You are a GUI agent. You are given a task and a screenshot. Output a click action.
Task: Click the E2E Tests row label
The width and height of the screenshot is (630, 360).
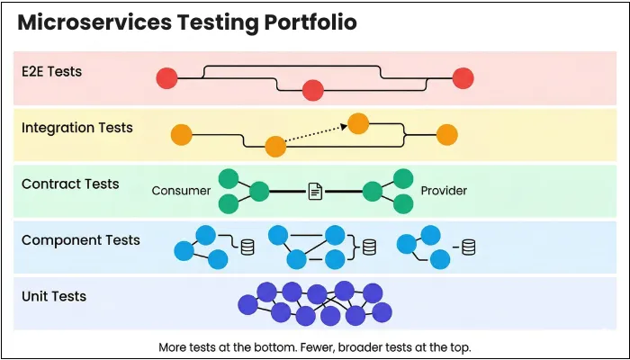click(52, 71)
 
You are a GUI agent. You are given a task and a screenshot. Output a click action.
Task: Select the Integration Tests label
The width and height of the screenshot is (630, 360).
click(77, 128)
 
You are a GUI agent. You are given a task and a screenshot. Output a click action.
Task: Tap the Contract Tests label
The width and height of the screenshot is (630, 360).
click(70, 184)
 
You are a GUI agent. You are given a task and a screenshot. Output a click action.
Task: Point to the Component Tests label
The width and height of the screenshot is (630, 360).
click(81, 240)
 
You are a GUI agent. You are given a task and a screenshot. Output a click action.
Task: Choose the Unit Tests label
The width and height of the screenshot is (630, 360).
click(54, 296)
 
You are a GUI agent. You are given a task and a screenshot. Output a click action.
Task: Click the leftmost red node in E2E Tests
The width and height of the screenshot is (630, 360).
click(166, 78)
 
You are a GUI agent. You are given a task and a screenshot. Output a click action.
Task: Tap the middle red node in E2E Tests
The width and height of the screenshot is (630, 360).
click(312, 90)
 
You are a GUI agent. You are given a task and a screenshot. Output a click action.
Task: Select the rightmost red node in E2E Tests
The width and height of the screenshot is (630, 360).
click(463, 78)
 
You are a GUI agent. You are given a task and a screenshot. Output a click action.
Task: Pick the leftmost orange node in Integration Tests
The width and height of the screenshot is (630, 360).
click(182, 135)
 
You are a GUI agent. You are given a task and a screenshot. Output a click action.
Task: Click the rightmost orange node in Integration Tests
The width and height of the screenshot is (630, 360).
click(446, 135)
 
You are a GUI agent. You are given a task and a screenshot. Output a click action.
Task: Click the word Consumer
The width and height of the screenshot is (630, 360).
click(181, 191)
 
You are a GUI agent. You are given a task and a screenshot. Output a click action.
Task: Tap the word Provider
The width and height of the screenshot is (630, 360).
click(444, 191)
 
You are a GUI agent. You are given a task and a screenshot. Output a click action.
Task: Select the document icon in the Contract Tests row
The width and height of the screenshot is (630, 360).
click(315, 191)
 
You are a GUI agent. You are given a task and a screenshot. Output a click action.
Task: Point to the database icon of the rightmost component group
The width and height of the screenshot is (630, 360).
click(468, 245)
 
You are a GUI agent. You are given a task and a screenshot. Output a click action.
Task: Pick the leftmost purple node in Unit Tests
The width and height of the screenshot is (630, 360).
click(247, 305)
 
